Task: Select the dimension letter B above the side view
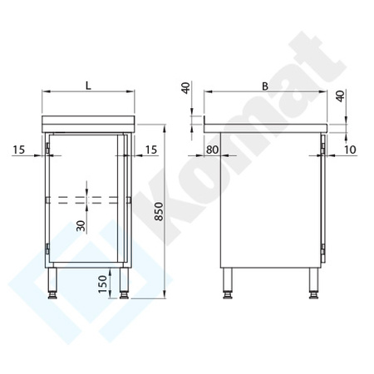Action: point(264,85)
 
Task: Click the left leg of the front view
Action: point(54,283)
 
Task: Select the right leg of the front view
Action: point(124,283)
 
